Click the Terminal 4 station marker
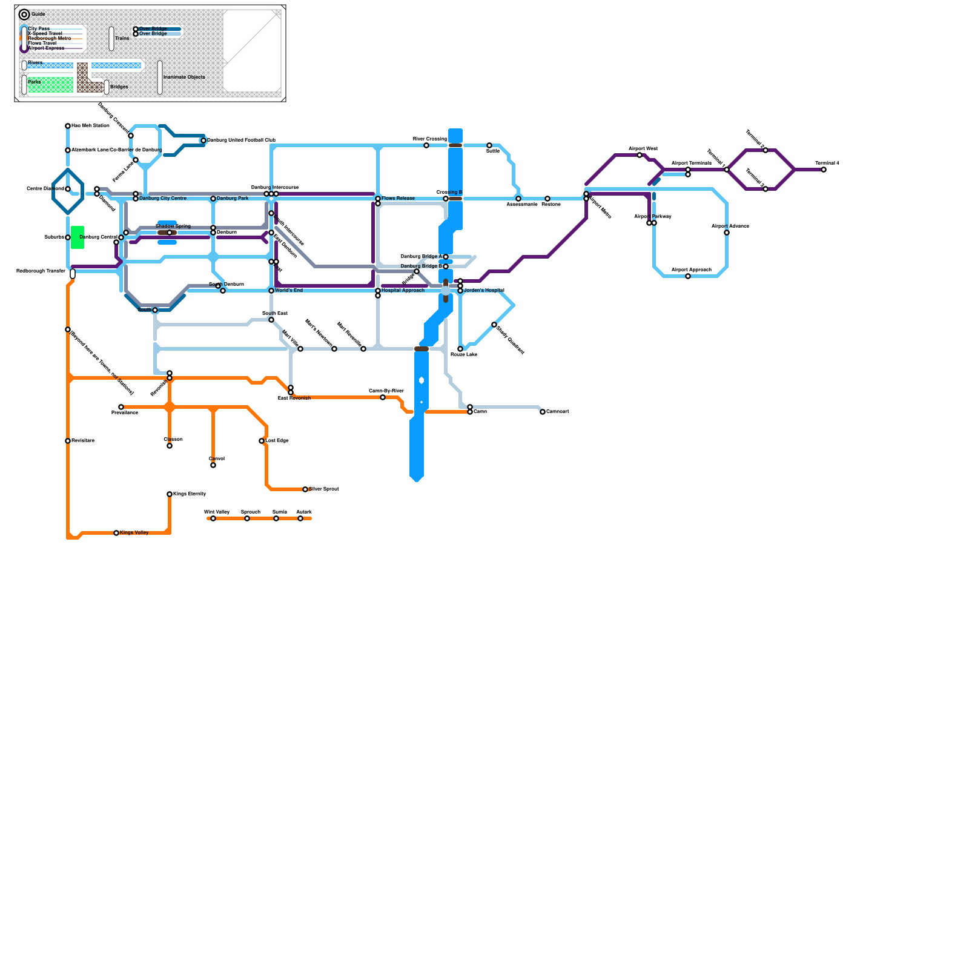coord(824,170)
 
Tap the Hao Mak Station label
coord(90,126)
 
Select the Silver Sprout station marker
coord(305,489)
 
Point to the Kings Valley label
coord(134,533)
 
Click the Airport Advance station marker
coord(727,233)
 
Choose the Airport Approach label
coord(691,270)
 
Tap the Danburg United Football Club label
coord(241,141)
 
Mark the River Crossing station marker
coord(426,145)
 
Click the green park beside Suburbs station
coord(78,237)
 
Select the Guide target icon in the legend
coord(24,15)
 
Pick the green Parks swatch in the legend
coord(51,85)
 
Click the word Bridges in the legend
coord(119,87)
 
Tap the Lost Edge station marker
coord(262,441)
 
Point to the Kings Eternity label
coord(190,494)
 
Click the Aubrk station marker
coord(300,518)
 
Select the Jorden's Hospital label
coord(484,291)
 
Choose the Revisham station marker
coord(68,441)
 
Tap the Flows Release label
coord(398,199)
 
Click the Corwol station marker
coord(213,465)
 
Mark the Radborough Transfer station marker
coord(73,274)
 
